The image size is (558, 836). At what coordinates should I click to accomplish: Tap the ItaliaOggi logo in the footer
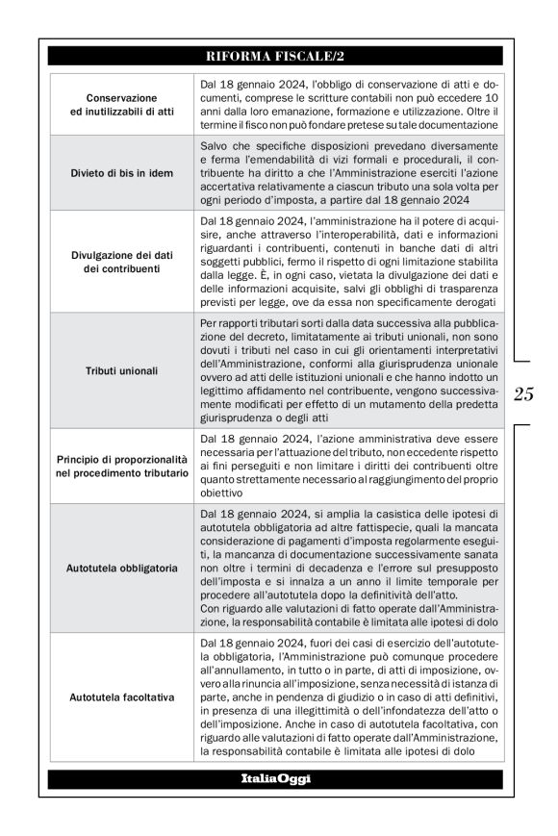(x=278, y=778)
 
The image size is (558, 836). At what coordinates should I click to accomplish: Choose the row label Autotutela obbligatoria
(x=121, y=568)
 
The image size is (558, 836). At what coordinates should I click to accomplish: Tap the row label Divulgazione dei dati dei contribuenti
(x=121, y=265)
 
